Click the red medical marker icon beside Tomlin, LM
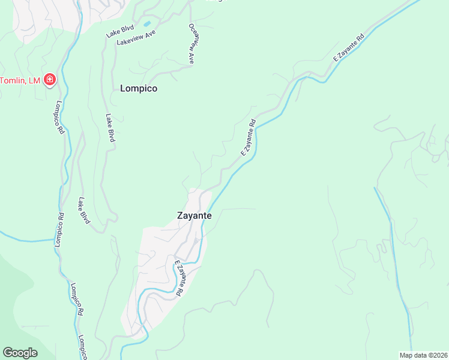pos(49,80)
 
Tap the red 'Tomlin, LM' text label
pos(20,80)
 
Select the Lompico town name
pos(139,88)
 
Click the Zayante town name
pos(194,215)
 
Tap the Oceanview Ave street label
pos(192,43)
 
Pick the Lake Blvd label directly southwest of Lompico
pos(110,128)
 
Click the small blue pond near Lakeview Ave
pos(146,24)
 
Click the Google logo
pos(20,353)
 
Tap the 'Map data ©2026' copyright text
pos(423,355)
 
